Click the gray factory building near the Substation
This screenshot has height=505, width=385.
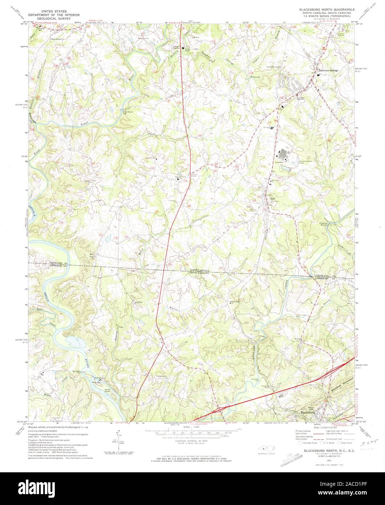(283, 154)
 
